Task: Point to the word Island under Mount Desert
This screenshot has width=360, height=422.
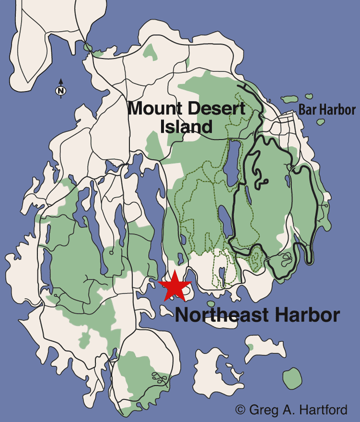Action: tap(186, 126)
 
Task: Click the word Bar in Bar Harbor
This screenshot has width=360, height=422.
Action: tap(308, 110)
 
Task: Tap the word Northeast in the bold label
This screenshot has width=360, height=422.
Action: tap(216, 315)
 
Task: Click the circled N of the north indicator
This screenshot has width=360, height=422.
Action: tap(61, 91)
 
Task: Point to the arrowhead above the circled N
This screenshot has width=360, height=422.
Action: tap(61, 80)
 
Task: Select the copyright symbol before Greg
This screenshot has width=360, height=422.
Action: tap(240, 410)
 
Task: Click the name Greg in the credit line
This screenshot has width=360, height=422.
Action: tap(263, 410)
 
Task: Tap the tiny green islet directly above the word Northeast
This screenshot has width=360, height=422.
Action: tap(210, 303)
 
